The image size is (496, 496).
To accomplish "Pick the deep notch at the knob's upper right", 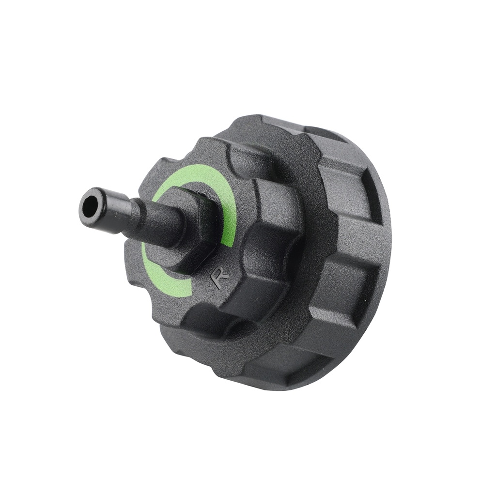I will click(242, 160).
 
